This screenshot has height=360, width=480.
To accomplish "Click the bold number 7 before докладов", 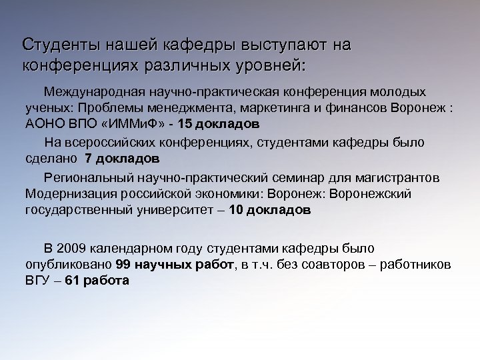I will click(88, 159).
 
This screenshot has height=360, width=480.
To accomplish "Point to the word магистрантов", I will click(400, 177).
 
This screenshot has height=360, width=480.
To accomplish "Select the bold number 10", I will click(237, 211).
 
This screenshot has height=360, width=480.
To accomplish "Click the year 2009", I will click(71, 248).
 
